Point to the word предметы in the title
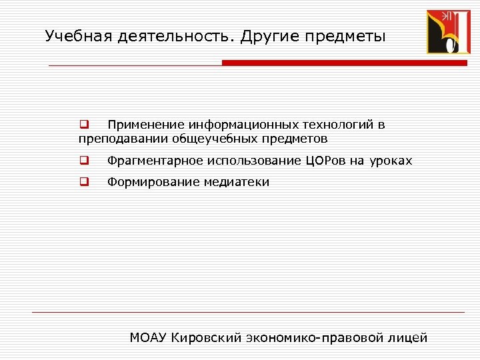(347, 36)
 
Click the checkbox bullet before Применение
(84, 124)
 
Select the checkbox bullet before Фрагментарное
(84, 160)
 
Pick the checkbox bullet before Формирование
(84, 181)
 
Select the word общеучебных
(211, 139)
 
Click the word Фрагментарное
(155, 161)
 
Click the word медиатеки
(237, 182)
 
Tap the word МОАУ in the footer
(148, 337)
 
